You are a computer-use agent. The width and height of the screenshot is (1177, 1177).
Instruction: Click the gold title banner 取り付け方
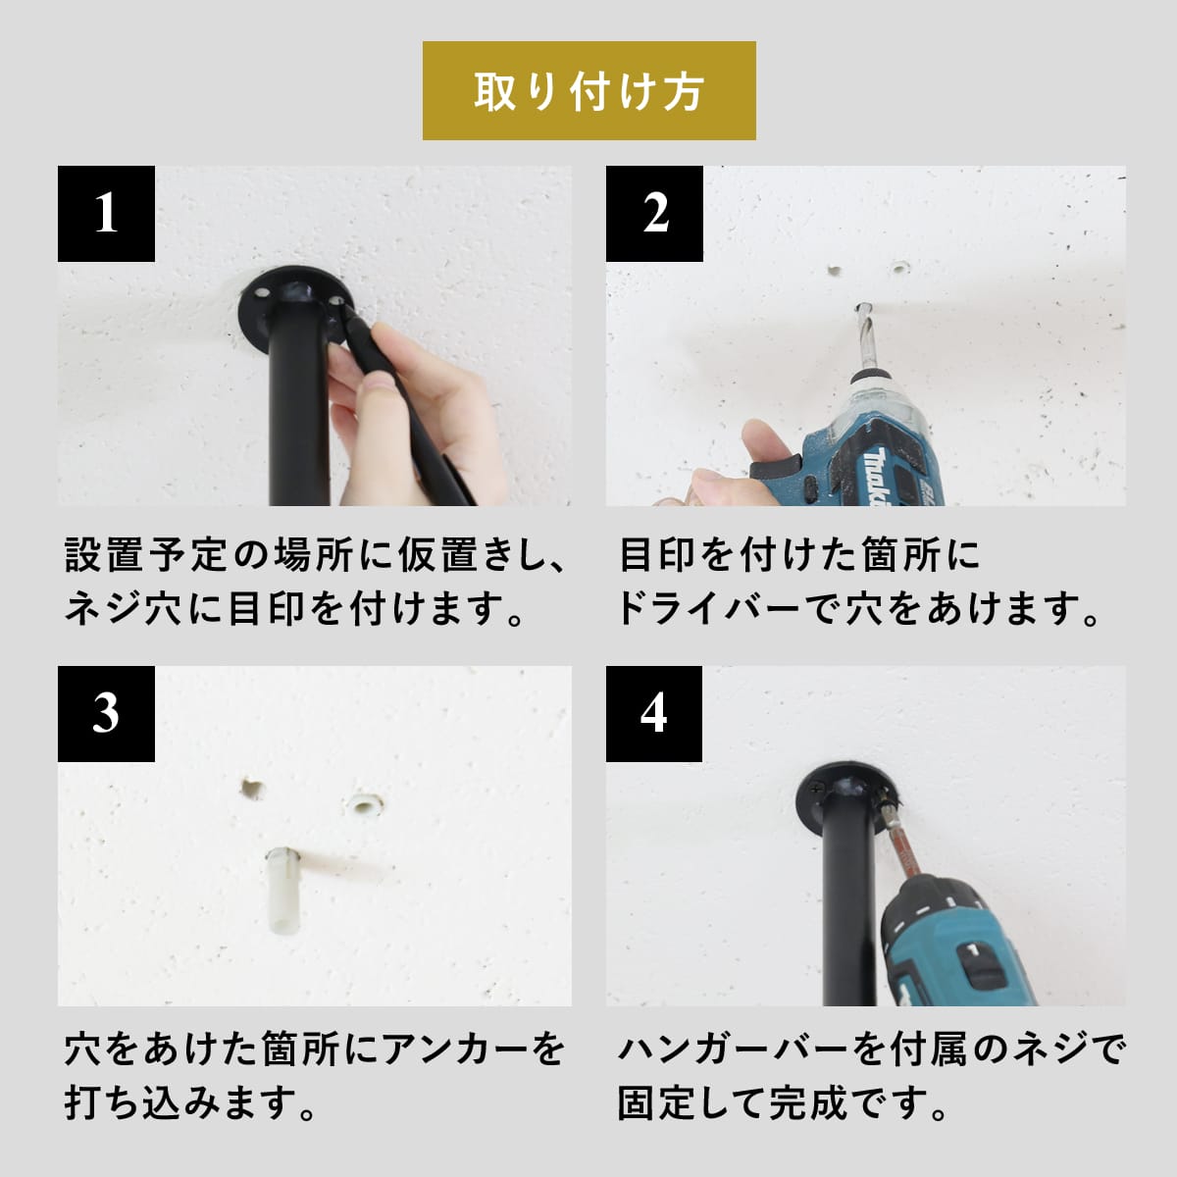click(x=588, y=90)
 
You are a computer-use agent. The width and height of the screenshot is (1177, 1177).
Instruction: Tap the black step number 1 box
click(x=106, y=214)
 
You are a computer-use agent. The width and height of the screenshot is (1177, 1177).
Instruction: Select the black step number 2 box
click(x=654, y=214)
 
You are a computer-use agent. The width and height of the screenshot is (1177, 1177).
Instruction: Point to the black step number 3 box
click(x=106, y=713)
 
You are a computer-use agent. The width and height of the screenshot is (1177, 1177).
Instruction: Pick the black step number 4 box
click(x=654, y=713)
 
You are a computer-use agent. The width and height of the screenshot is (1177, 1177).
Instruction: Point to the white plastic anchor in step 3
click(x=282, y=898)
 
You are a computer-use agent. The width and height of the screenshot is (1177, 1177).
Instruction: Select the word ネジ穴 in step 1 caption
click(x=124, y=610)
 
